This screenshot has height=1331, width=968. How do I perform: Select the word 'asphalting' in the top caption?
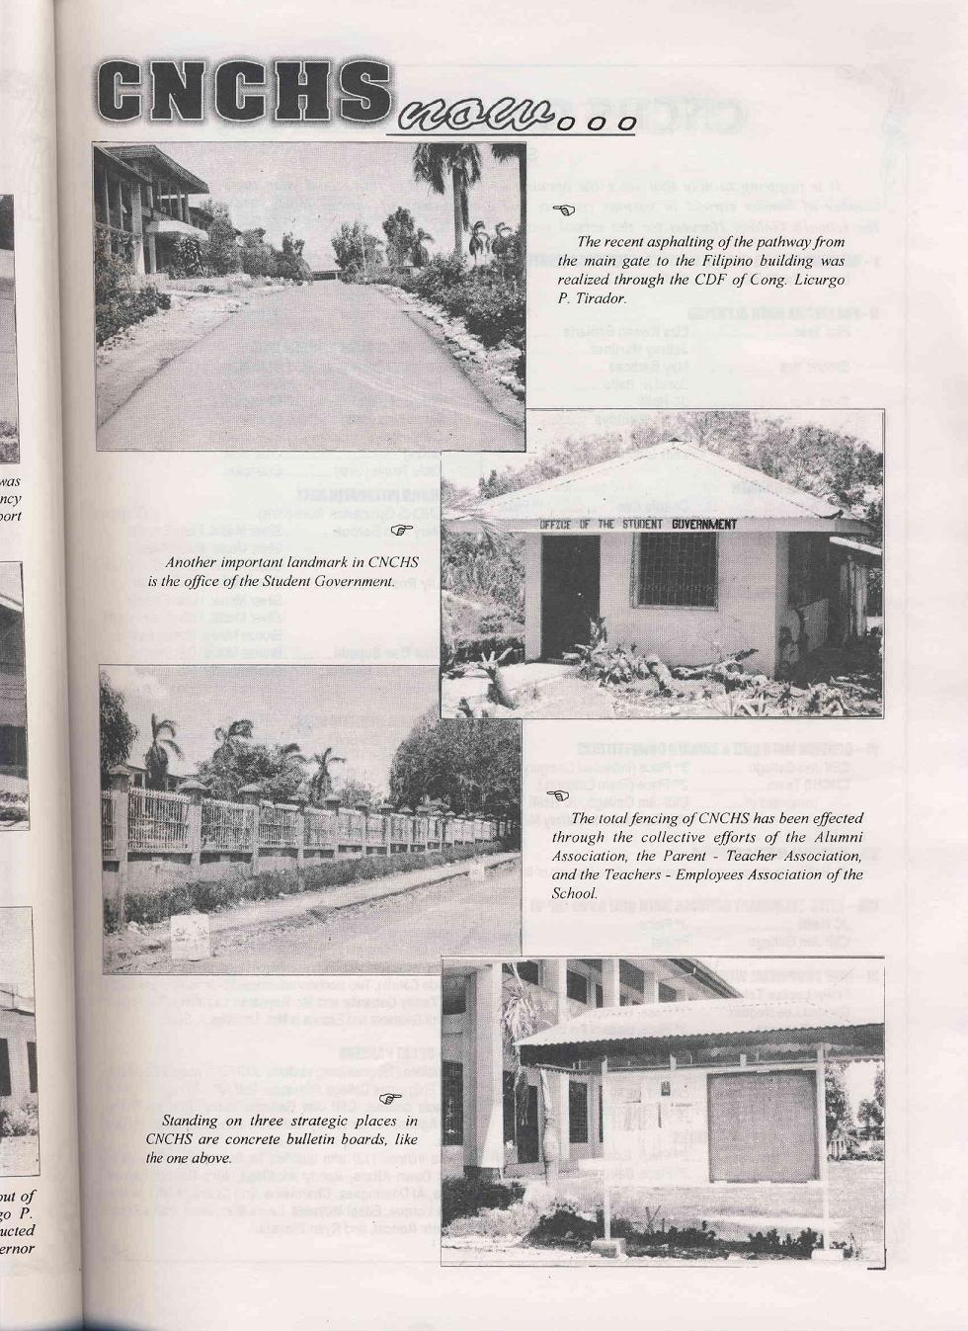click(x=686, y=241)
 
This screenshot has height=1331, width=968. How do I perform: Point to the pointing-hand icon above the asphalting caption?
click(x=564, y=210)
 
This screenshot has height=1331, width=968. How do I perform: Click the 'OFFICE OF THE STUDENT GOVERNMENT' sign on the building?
click(x=638, y=524)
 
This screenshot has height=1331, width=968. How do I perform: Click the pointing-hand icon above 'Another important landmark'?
click(x=400, y=531)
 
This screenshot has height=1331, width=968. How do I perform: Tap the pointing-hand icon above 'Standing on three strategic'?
click(x=391, y=1098)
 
